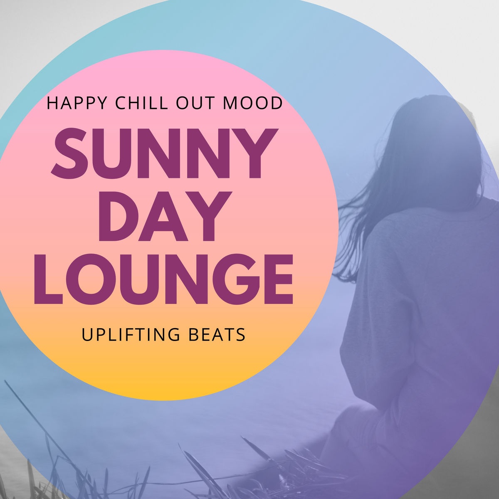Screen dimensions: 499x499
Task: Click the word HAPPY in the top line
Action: (x=77, y=103)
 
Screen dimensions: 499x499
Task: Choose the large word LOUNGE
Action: (x=164, y=279)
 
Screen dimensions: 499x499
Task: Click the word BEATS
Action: (x=217, y=334)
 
